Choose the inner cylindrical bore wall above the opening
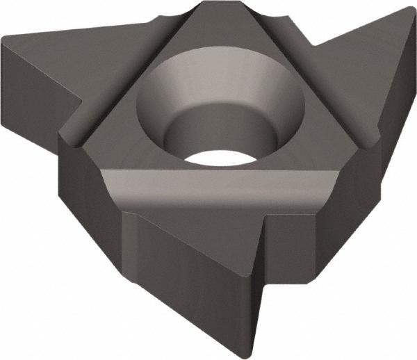222,125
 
